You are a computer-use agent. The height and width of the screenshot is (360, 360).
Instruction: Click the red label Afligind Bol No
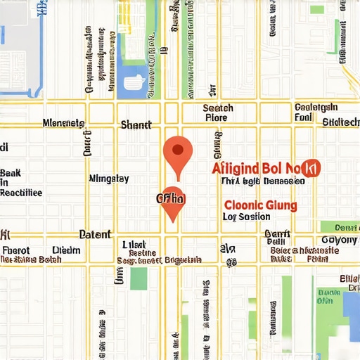(x=257, y=168)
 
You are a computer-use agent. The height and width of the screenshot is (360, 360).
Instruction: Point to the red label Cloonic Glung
(x=259, y=205)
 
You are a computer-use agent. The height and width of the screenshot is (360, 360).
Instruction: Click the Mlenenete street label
(x=63, y=123)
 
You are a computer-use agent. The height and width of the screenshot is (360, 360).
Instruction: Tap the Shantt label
(x=136, y=124)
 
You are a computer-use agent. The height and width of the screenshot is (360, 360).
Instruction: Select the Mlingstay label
(x=108, y=179)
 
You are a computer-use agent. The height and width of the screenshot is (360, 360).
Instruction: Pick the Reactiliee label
(x=21, y=193)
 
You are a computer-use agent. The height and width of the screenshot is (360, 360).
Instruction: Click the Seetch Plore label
(x=217, y=112)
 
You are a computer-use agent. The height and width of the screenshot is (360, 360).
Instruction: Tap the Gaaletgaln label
(x=316, y=108)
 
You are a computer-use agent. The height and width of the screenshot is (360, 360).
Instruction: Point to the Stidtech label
(x=340, y=122)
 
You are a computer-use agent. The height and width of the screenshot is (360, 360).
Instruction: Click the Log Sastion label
(x=246, y=217)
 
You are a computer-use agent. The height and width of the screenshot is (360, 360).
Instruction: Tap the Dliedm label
(x=67, y=249)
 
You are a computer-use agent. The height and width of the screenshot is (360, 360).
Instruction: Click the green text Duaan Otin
(x=328, y=296)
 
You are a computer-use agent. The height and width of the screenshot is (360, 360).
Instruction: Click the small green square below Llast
(x=139, y=278)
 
